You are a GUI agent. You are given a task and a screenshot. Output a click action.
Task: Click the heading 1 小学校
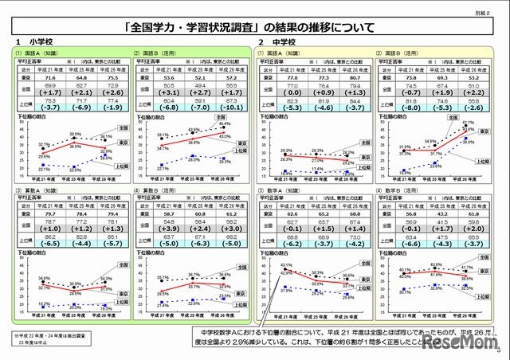[32, 41]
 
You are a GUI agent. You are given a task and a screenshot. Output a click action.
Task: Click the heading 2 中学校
[275, 41]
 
